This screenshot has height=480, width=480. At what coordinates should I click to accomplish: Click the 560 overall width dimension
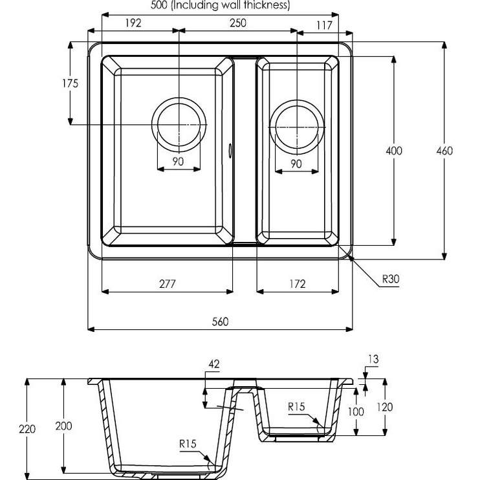(x=221, y=322)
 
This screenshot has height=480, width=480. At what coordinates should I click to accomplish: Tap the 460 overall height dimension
(x=444, y=151)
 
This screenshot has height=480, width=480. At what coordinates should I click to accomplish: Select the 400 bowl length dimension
(x=394, y=151)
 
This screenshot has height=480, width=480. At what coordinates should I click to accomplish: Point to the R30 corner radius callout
(x=391, y=279)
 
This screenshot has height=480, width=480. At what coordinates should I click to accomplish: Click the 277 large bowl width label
(x=168, y=284)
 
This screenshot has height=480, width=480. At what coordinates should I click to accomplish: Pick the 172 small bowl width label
(x=298, y=284)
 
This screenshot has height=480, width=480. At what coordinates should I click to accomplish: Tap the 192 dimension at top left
(x=133, y=23)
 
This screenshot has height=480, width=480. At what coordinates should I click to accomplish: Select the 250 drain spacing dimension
(x=238, y=23)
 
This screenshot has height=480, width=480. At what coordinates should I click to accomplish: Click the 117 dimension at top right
(x=324, y=25)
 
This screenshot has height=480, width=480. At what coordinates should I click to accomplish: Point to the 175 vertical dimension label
(x=71, y=83)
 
